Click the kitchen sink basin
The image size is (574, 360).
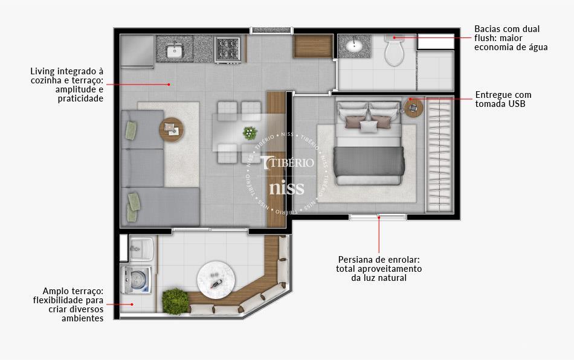point(175,51)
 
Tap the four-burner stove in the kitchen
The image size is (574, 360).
point(228,48)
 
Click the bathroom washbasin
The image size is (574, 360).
point(355,45)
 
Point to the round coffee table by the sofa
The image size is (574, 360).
point(171,128)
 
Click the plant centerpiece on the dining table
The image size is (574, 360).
point(249,132)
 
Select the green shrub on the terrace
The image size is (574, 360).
point(175,300)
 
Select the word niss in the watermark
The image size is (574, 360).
point(286,188)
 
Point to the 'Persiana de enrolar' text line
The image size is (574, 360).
point(379,260)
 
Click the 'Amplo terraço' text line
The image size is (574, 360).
point(73,291)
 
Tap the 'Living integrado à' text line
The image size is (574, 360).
point(67,71)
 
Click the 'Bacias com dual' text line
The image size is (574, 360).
point(507,29)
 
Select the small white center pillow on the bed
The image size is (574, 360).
point(368,126)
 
